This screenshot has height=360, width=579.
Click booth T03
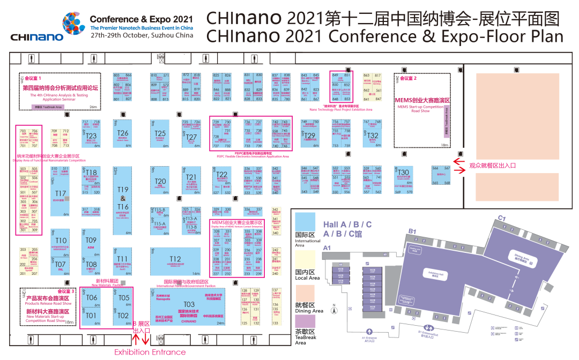[189, 304]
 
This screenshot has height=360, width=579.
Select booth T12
[175, 259]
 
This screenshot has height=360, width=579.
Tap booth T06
[92, 298]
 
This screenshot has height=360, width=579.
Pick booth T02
[123, 316]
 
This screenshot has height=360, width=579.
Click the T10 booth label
[61, 241]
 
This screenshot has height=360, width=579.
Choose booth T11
[123, 259]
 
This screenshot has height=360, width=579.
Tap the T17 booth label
[61, 193]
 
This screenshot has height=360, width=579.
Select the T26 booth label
[123, 133]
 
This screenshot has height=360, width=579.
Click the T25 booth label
[160, 133]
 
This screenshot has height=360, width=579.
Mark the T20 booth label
[160, 182]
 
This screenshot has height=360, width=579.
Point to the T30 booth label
[403, 172]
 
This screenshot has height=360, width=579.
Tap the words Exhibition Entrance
[150, 352]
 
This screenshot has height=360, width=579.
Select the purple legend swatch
[305, 322]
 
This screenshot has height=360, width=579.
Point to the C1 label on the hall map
[502, 218]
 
